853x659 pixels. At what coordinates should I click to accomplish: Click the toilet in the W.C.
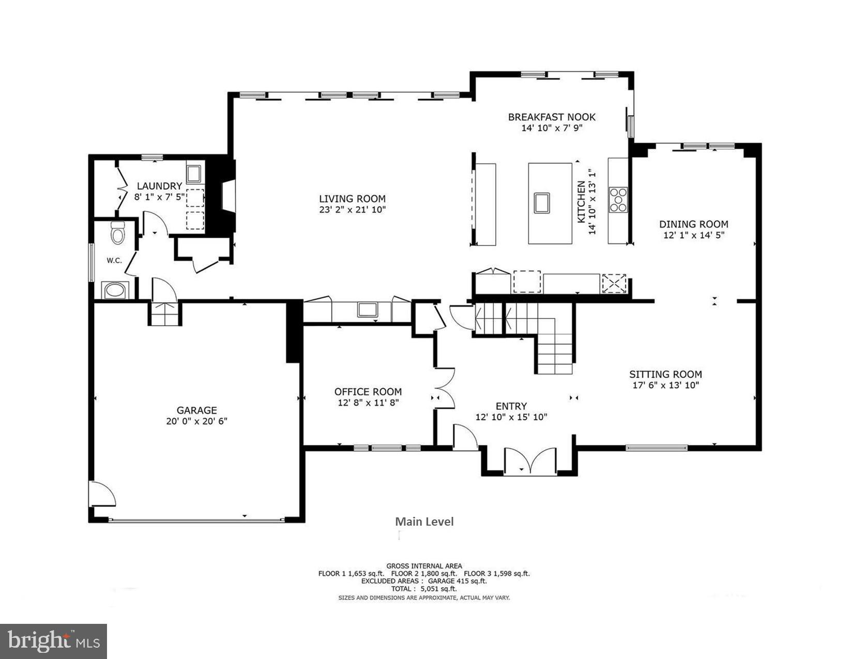pos(118,233)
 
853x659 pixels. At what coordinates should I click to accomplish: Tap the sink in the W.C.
pos(114,290)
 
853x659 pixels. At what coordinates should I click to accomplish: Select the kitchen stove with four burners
pos(618,200)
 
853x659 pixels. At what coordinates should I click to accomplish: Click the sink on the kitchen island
pos(542,202)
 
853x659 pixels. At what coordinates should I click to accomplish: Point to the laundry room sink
pos(194,174)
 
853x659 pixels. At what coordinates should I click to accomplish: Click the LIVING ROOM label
pos(352,198)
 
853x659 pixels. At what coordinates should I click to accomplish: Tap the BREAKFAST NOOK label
pos(552,117)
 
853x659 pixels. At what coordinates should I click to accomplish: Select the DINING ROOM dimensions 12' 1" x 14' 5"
pos(694,235)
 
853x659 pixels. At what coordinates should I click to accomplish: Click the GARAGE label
pos(196,410)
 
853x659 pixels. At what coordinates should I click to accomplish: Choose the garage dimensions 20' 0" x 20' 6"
pos(196,421)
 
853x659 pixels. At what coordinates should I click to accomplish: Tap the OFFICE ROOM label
pos(368,392)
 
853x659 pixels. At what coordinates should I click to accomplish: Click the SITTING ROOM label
pos(665,374)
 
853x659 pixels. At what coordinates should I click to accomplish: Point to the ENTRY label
pos(511,406)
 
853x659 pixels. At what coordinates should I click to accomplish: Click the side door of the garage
pos(101,494)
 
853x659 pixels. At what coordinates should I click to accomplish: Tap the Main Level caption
pos(424,522)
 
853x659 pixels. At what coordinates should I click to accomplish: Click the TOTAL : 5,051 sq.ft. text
pos(424,589)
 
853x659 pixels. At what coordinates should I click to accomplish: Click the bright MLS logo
pos(54,641)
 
